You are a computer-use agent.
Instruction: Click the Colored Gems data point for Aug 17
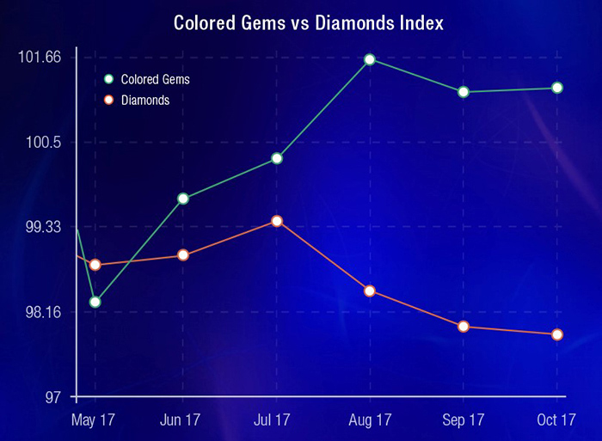369,59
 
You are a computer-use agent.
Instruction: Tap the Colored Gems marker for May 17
95,302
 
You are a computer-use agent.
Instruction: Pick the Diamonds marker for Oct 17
557,334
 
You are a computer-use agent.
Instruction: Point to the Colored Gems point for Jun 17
183,199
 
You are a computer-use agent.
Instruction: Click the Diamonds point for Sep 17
464,327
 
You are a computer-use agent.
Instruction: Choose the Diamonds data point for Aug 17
369,291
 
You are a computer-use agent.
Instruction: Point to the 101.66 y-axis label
40,58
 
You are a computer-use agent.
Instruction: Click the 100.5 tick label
44,142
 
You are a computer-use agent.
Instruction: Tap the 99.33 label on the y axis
43,227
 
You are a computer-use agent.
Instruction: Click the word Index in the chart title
415,22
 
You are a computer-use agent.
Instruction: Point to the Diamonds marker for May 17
95,265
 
